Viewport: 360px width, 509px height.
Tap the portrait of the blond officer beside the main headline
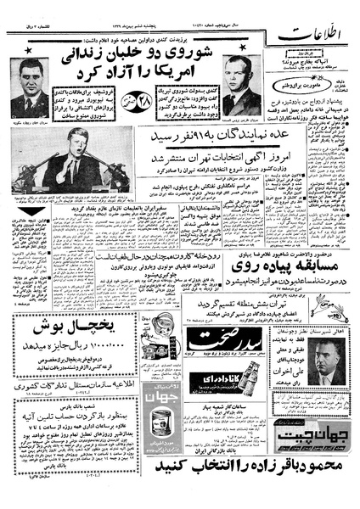click(240, 88)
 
